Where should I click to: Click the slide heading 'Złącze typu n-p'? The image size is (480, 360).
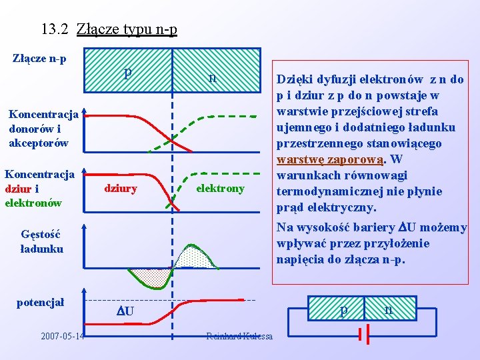tap(127, 29)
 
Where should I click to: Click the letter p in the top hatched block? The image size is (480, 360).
tap(127, 73)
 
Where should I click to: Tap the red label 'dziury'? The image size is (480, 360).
tap(121, 189)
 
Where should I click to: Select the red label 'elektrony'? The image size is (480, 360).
tap(220, 189)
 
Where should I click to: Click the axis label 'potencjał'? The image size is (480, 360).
tap(40, 303)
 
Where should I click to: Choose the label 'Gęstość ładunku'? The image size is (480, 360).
tap(42, 241)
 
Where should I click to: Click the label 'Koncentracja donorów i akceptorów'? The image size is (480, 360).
tap(44, 128)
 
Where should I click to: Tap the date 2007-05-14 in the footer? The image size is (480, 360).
tap(63, 336)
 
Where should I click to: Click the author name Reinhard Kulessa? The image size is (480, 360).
tap(239, 336)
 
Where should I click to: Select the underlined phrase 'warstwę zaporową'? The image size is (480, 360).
tap(330, 159)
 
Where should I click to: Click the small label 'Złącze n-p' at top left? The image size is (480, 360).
tap(39, 59)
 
